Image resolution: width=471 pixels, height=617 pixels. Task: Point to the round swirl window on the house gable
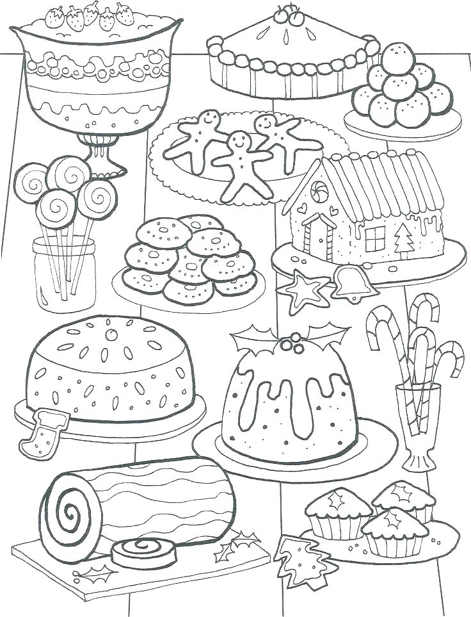coord(317,190)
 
